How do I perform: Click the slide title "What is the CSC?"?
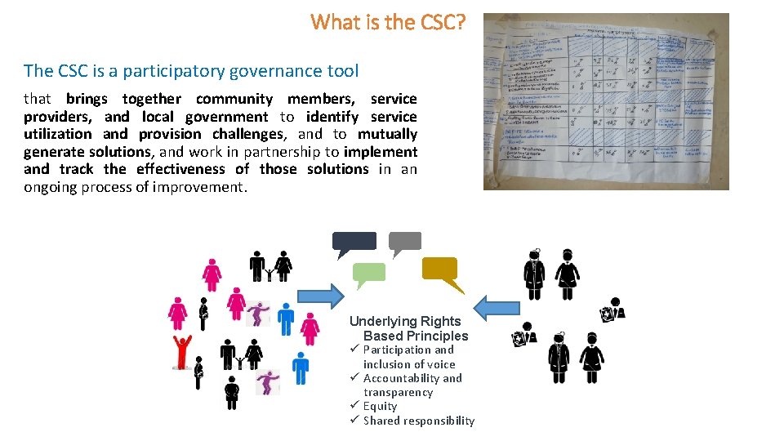click(x=388, y=22)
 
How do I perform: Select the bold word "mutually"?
click(x=387, y=134)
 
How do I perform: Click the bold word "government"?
click(x=226, y=117)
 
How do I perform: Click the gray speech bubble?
click(x=404, y=242)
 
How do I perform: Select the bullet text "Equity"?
click(x=381, y=406)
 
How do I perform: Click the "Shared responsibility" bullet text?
click(x=419, y=421)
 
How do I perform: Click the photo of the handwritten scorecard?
click(x=605, y=101)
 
